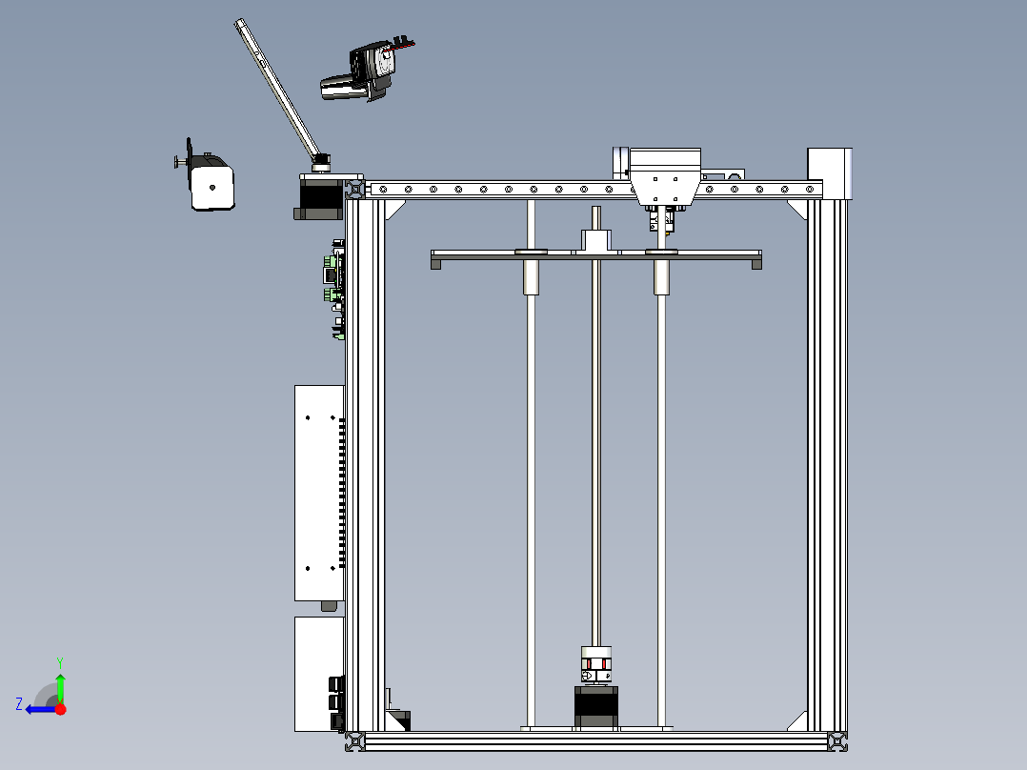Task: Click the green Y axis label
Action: tap(59, 660)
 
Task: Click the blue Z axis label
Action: tap(18, 703)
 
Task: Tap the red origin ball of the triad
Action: tap(60, 709)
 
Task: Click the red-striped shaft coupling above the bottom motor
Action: tap(596, 663)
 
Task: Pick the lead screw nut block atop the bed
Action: tap(596, 240)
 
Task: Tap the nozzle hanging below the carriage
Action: tap(663, 221)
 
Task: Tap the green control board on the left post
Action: tap(333, 286)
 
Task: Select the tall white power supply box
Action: tap(318, 492)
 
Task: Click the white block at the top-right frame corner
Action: tap(828, 172)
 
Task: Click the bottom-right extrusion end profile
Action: tap(836, 740)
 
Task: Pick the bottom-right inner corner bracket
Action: tap(797, 721)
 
